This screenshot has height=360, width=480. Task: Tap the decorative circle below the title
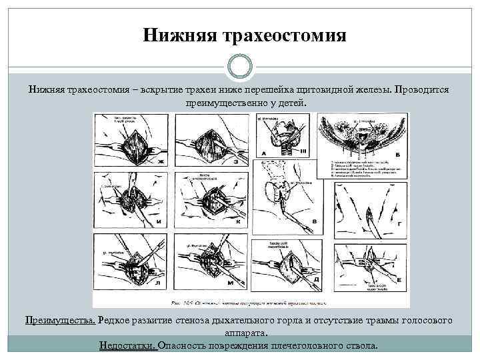(239, 67)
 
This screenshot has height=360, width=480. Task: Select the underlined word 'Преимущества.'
(61, 321)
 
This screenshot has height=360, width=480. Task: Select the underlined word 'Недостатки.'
(127, 346)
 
